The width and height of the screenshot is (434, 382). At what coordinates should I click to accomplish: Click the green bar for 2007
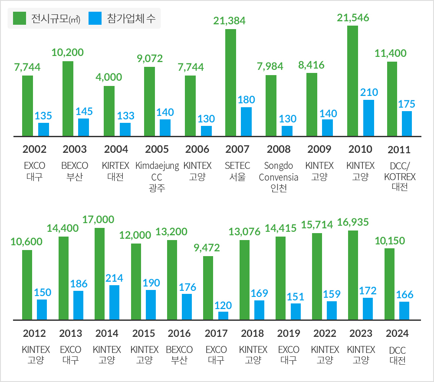230,82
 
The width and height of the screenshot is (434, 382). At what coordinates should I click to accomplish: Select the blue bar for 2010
368,118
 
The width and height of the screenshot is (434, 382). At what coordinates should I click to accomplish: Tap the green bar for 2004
109,111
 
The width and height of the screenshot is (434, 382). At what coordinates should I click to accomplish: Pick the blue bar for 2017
223,315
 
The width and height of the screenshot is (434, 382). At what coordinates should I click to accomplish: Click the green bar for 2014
99,273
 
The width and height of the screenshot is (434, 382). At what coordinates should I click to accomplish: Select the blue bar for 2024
404,310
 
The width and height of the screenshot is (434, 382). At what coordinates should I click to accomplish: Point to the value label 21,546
353,18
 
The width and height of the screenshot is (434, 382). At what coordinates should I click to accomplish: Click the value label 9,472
207,248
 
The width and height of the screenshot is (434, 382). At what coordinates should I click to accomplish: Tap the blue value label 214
115,278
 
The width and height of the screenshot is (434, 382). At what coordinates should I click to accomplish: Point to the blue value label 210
369,92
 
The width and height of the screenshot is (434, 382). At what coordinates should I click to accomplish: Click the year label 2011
399,150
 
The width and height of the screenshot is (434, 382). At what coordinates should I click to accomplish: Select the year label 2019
289,333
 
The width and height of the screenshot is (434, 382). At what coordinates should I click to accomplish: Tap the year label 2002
34,149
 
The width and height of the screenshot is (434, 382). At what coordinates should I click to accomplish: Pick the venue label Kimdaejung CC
157,171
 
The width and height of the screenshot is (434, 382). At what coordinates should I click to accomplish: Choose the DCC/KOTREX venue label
400,172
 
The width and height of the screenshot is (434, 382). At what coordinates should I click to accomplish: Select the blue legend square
95,18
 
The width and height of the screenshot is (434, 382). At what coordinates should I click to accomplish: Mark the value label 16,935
353,222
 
